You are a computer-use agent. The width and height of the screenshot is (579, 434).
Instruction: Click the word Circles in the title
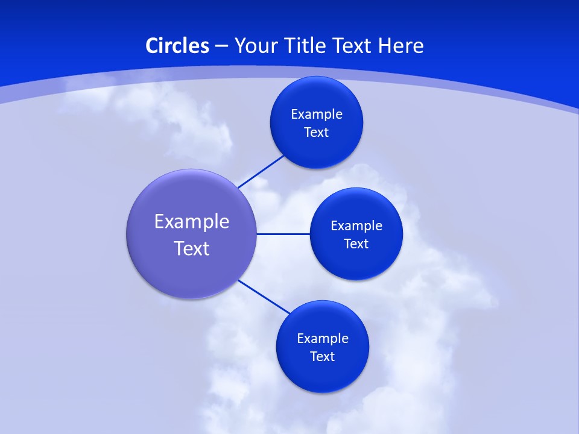click(177, 46)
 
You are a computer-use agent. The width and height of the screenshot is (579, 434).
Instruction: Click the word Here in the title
click(401, 46)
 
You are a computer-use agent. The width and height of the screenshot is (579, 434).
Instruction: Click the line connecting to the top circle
click(261, 171)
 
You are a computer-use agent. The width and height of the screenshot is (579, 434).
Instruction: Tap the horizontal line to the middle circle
click(283, 234)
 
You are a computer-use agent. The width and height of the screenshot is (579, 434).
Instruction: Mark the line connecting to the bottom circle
click(264, 297)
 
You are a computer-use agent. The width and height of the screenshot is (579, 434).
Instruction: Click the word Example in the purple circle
click(192, 222)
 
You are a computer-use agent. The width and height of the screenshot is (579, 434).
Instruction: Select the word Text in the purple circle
click(192, 248)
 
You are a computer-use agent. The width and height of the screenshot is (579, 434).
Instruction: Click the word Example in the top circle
click(317, 115)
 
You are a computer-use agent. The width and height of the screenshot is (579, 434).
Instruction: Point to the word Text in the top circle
click(317, 133)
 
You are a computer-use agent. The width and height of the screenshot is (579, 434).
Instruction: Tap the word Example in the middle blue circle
click(356, 226)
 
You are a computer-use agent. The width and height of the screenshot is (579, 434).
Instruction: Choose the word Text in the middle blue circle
click(356, 244)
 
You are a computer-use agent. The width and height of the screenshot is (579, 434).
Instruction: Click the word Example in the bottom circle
click(323, 339)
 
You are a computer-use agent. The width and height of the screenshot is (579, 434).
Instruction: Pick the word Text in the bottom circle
click(323, 357)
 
